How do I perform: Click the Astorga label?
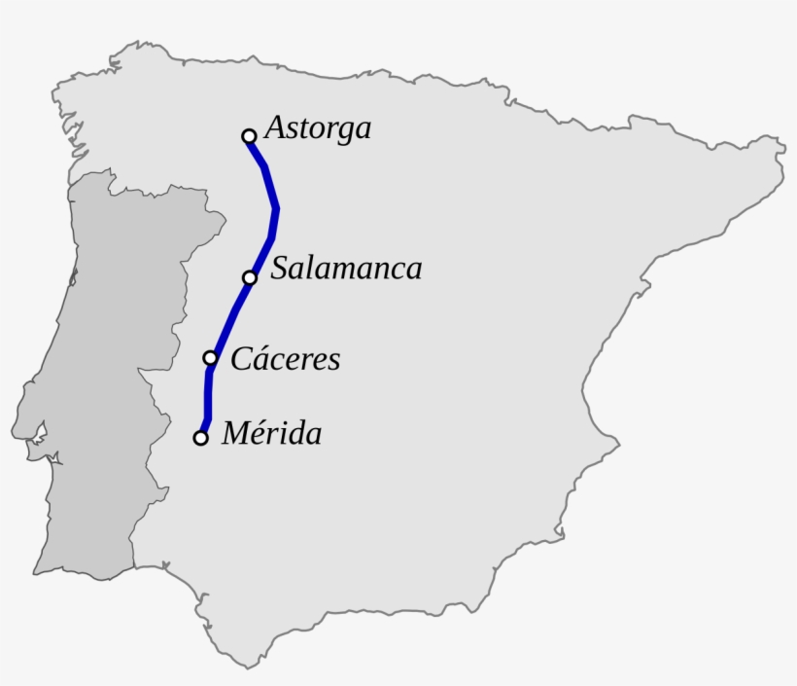point(318,128)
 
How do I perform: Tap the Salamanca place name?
point(346,269)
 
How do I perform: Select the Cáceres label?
point(286,359)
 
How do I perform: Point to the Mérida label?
point(271,433)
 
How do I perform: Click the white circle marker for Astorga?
point(249,136)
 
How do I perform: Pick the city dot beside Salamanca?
point(250,277)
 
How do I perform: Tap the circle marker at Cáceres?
point(210,358)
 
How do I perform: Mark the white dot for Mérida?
point(200,438)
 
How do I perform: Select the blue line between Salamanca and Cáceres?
point(230,316)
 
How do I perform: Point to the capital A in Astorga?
point(274,127)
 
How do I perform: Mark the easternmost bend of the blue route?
point(277,208)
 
